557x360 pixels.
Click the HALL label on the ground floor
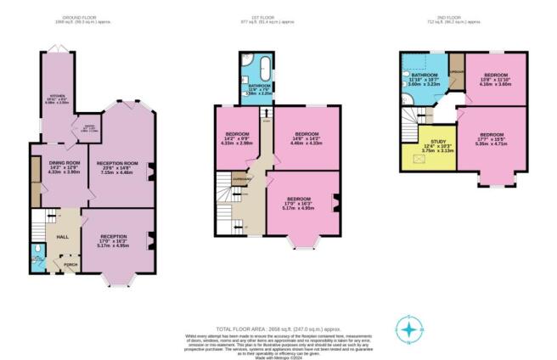tap(63, 237)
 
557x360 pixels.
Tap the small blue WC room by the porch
tap(34, 253)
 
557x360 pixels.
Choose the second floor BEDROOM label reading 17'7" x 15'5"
tap(492, 135)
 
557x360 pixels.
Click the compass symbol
tap(410, 329)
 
